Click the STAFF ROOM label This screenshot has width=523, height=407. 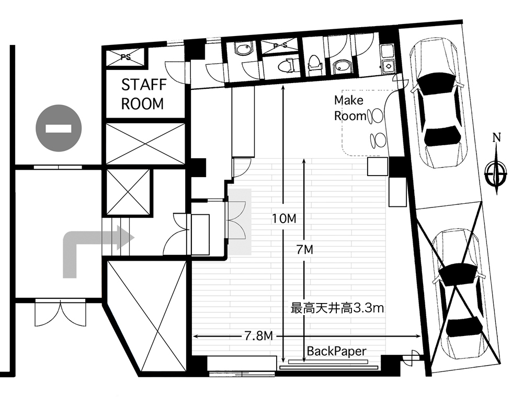pyautogui.click(x=143, y=94)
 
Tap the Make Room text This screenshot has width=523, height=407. pyautogui.click(x=350, y=108)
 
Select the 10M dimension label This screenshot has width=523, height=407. pyautogui.click(x=284, y=219)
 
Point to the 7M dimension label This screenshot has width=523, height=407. pyautogui.click(x=305, y=249)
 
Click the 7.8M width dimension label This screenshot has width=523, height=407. pyautogui.click(x=259, y=336)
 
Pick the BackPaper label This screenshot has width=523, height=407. pyautogui.click(x=336, y=351)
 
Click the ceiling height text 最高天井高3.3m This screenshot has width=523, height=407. pyautogui.click(x=337, y=308)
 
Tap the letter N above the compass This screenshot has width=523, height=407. pyautogui.click(x=497, y=137)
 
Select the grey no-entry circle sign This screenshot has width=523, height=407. pyautogui.click(x=59, y=129)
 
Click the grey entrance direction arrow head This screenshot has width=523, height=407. pyautogui.click(x=125, y=238)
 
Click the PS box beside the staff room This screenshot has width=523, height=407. pyautogui.click(x=126, y=57)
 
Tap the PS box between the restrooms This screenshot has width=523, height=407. pyautogui.click(x=279, y=46)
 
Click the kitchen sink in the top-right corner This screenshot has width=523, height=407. pyautogui.click(x=388, y=66)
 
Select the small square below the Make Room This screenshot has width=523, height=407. pyautogui.click(x=378, y=166)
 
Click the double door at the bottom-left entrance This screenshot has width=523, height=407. pyautogui.click(x=60, y=313)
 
